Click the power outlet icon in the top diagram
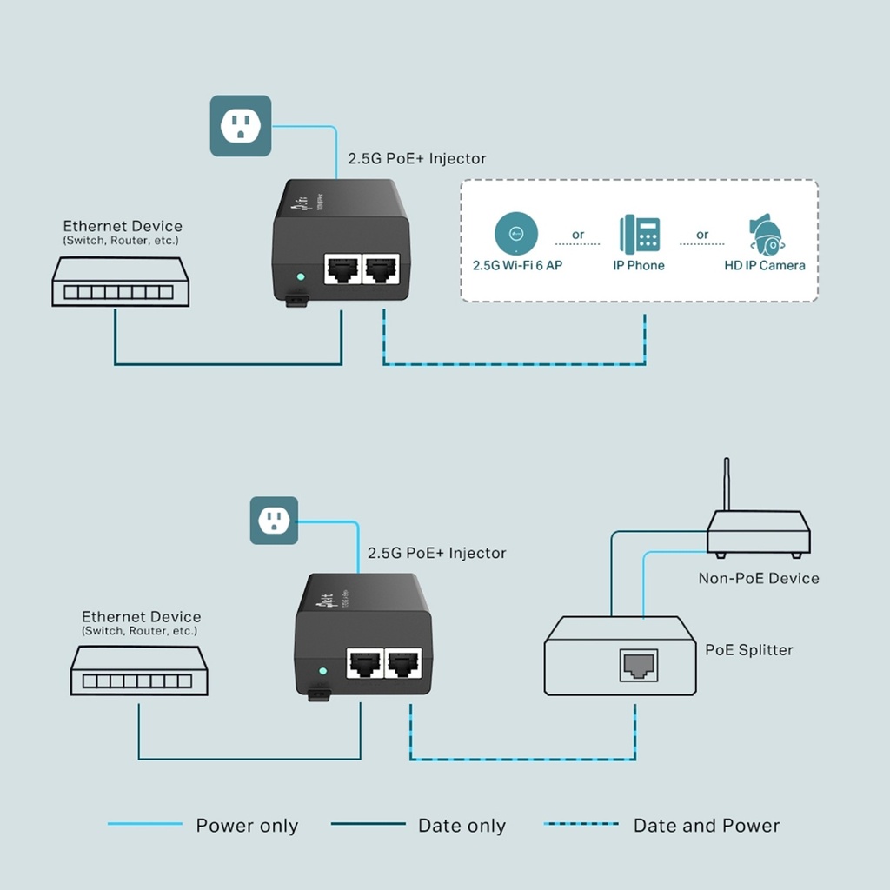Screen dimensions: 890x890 (241, 126)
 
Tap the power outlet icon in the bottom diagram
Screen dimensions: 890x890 (274, 521)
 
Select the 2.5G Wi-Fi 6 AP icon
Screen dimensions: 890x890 (515, 232)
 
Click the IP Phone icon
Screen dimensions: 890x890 (639, 235)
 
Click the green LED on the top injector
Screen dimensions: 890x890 (301, 278)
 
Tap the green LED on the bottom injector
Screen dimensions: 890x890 (322, 672)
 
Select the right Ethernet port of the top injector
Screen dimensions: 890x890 (381, 270)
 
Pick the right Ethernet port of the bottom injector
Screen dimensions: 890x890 (403, 665)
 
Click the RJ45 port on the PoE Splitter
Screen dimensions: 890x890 (638, 665)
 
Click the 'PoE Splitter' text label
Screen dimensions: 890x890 (748, 649)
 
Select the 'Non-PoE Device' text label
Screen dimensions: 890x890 (758, 578)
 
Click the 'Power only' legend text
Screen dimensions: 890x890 (247, 826)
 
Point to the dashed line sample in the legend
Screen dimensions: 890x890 (581, 824)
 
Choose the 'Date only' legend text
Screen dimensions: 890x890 (462, 826)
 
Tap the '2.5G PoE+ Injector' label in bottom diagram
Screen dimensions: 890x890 (436, 553)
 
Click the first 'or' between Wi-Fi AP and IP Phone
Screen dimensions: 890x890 (578, 235)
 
